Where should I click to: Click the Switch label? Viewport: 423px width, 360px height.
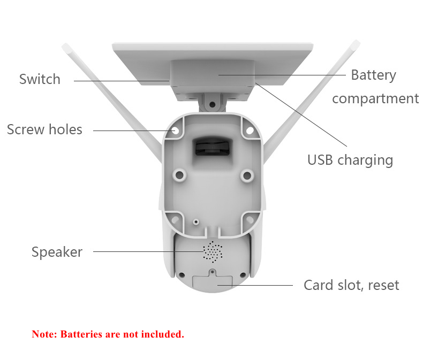[40, 79]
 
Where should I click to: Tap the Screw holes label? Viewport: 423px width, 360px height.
[44, 129]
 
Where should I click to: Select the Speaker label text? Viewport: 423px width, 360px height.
[57, 252]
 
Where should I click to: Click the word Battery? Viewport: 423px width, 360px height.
[374, 75]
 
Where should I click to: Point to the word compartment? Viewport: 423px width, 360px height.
[375, 98]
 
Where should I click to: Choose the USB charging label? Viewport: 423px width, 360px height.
[350, 160]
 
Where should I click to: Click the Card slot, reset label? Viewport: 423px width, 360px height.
[351, 285]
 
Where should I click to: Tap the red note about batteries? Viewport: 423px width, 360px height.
[108, 334]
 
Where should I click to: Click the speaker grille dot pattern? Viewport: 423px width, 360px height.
[213, 251]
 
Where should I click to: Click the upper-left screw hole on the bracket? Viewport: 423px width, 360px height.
[175, 131]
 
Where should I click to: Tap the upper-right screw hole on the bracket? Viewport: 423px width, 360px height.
[250, 131]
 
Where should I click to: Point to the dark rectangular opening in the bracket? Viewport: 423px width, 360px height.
[212, 147]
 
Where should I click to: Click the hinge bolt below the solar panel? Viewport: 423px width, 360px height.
[213, 104]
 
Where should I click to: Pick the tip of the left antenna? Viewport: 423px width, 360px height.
[65, 47]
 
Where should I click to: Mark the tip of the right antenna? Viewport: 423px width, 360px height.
[356, 44]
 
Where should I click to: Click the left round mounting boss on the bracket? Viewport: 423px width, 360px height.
[179, 175]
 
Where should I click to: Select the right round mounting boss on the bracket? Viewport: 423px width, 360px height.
[247, 175]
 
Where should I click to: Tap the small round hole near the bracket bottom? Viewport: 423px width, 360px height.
[196, 222]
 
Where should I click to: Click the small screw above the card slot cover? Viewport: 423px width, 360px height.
[213, 272]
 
